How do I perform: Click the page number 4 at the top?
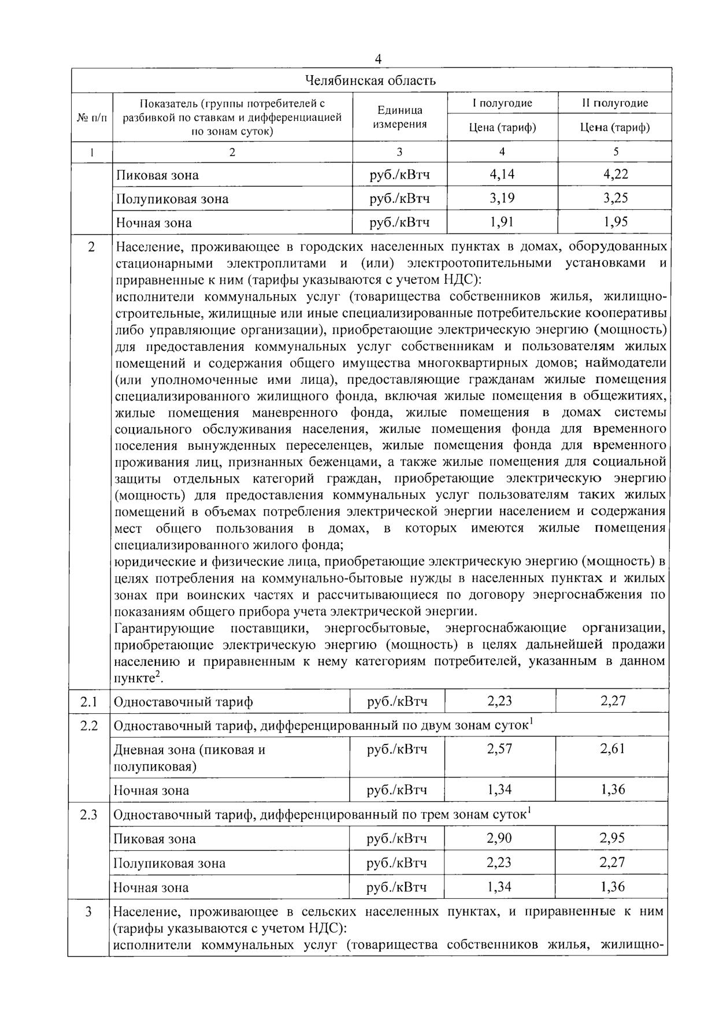(x=378, y=60)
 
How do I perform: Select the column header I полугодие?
(x=502, y=103)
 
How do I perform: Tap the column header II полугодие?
(x=614, y=103)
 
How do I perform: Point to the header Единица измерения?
(x=399, y=117)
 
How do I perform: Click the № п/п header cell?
(x=92, y=117)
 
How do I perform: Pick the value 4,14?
(x=502, y=174)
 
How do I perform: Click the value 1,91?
(x=502, y=223)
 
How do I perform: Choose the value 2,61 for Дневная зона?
(x=612, y=749)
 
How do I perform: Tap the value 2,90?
(x=499, y=838)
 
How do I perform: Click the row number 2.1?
(x=88, y=702)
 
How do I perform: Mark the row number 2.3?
(x=88, y=814)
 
